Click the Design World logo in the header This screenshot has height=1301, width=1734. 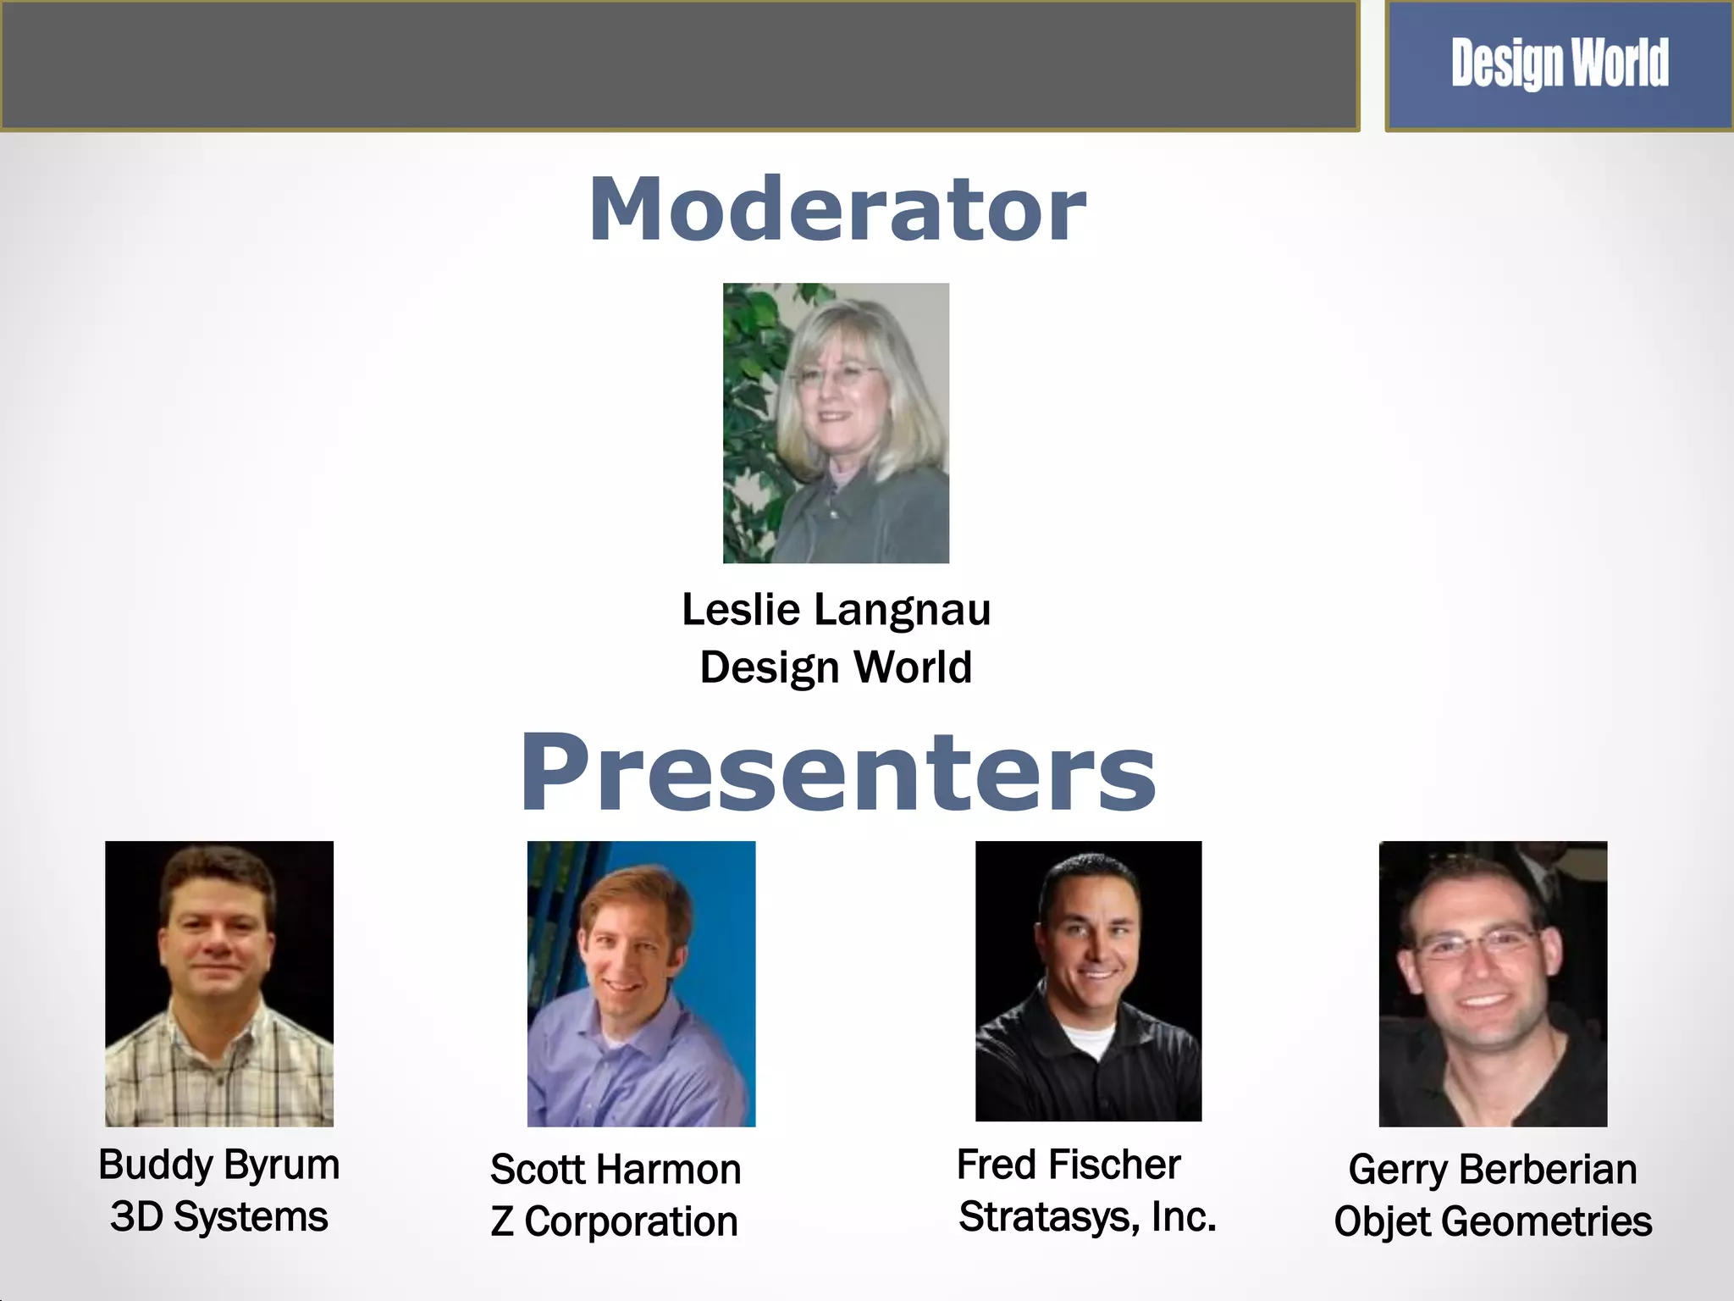tap(1559, 64)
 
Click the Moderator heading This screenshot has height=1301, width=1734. tap(837, 209)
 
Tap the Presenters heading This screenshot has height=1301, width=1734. tap(837, 772)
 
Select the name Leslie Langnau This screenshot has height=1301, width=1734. tap(836, 610)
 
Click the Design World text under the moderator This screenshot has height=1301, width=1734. tap(836, 667)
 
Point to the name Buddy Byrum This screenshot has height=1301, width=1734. tap(218, 1165)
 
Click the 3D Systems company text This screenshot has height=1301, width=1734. tap(218, 1217)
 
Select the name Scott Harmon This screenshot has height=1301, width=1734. tap(616, 1170)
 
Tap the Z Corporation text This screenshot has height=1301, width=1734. tap(614, 1222)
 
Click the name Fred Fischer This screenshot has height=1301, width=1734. tap(1068, 1165)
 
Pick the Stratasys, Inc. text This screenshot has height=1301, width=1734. tap(1087, 1217)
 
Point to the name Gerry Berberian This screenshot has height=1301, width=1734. tap(1492, 1170)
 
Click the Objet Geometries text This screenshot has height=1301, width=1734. tap(1492, 1222)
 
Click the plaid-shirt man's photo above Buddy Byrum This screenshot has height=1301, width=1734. tap(218, 983)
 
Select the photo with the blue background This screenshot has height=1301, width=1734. tap(641, 983)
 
